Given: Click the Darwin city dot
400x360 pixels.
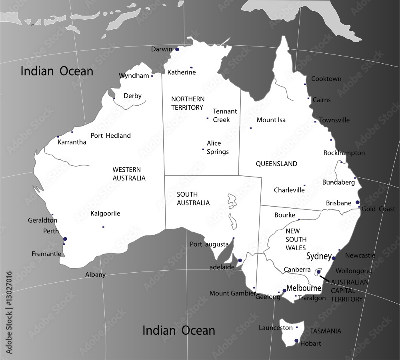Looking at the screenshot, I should pos(177,49).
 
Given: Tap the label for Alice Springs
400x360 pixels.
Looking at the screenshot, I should pos(218,147).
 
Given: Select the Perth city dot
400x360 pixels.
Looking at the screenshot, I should pos(65,239).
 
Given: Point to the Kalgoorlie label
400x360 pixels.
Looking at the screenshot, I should pos(105,213).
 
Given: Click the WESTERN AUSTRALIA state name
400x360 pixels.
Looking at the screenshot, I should pos(129,174).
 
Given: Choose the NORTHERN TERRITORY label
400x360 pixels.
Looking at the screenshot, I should pos(188,103).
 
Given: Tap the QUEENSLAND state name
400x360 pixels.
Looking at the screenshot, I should pos(276,164).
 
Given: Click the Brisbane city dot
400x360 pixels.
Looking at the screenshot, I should pos(358,202).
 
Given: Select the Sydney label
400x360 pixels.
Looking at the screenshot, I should pos(319,256).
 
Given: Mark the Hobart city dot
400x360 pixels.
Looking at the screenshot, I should pos(296,341).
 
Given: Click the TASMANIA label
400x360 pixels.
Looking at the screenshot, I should pos(326,331).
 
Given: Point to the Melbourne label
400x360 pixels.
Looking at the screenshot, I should pos(304,288).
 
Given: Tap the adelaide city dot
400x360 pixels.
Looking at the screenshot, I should pos(240,261).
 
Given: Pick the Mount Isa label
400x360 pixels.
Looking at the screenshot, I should pos(271,120).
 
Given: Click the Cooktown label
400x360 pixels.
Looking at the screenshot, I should pos(326,79).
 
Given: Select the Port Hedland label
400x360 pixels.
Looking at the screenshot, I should pos(110,136).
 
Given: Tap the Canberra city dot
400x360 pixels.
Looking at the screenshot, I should pos(318,272).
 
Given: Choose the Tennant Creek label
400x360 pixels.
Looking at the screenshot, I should pos(225,115).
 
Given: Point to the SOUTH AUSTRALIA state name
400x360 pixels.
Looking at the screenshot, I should pos(193,199).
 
